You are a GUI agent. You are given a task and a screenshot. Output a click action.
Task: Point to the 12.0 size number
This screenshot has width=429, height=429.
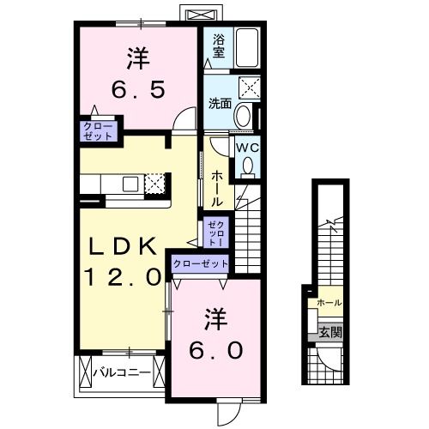point(122,276)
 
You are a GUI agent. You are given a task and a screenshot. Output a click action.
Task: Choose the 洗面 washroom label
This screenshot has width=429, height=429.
point(221,104)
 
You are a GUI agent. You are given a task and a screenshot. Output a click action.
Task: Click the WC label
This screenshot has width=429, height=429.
point(247,147)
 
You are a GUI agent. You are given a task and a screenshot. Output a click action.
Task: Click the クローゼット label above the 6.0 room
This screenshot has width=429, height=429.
point(201,264)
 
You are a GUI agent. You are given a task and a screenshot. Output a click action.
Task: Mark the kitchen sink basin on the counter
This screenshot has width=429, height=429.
point(130,183)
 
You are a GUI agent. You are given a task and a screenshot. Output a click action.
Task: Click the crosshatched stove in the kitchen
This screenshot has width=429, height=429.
point(155,183)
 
